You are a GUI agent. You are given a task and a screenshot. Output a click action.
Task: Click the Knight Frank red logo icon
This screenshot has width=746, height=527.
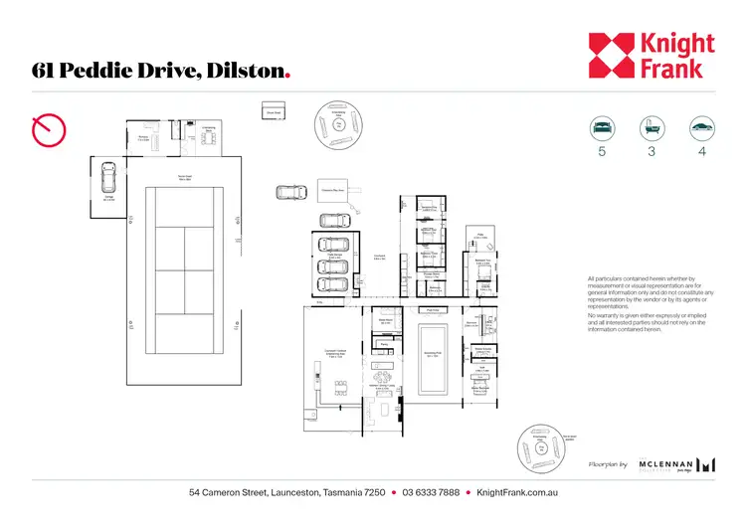[609, 55]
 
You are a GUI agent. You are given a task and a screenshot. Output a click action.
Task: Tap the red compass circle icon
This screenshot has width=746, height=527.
[49, 128]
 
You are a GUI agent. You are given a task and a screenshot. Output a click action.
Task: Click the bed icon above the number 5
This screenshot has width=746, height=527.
[602, 128]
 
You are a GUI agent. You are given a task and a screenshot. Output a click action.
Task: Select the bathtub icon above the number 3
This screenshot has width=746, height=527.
[653, 128]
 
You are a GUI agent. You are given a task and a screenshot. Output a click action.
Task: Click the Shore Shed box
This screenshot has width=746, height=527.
[274, 111]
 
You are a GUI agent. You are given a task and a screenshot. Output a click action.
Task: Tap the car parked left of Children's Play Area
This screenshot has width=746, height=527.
[290, 192]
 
